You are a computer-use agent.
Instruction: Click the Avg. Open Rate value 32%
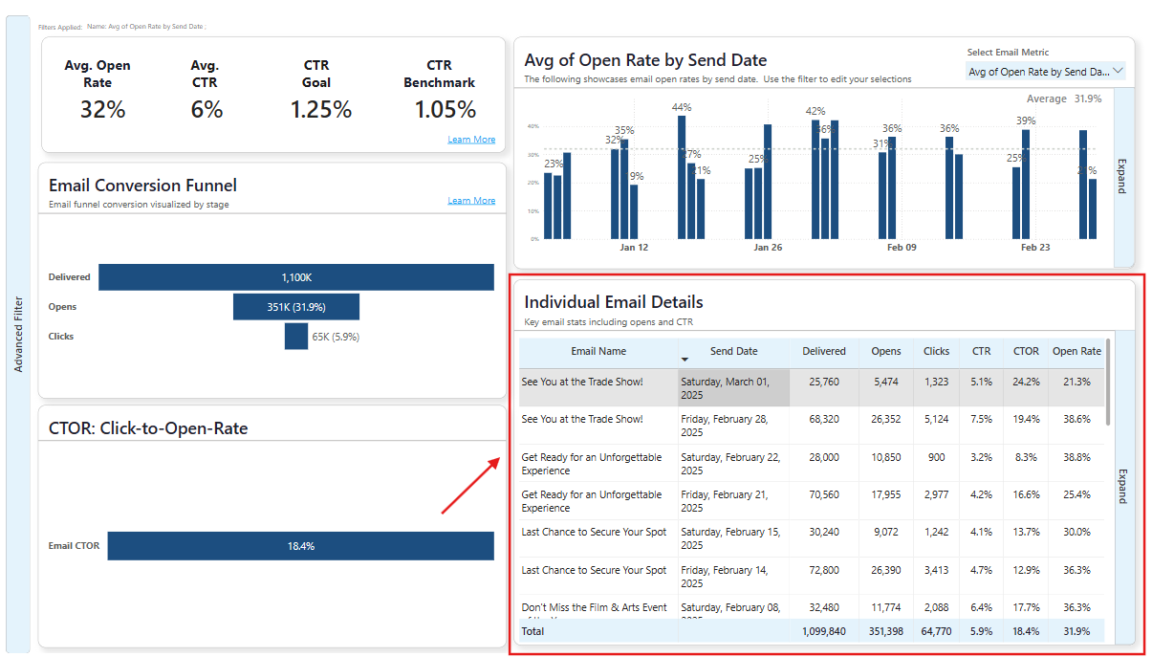[102, 110]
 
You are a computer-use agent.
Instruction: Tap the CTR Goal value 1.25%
[321, 110]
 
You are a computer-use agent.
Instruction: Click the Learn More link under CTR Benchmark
[471, 140]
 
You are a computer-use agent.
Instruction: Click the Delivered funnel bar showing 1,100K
[296, 277]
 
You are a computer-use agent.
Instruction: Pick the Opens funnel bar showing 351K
[296, 307]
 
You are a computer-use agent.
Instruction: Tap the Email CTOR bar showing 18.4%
[300, 546]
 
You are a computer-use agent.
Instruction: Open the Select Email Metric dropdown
[1046, 72]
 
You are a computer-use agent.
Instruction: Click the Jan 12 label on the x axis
[634, 248]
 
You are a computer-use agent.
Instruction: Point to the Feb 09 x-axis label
[902, 248]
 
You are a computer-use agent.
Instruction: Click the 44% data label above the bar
[682, 107]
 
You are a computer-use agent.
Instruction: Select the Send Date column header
[733, 351]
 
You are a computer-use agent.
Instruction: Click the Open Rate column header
[1076, 351]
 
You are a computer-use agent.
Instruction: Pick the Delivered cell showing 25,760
[823, 382]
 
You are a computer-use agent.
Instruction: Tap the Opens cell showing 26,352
[886, 419]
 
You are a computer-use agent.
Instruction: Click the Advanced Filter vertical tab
[18, 334]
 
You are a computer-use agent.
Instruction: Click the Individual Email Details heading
[613, 302]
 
